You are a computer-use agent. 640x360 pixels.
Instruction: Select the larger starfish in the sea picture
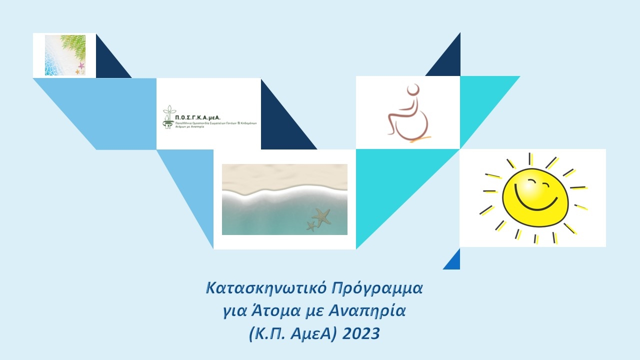pos(321,216)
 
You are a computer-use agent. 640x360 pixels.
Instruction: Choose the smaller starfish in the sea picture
pos(311,226)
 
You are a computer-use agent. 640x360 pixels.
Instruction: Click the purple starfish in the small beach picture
pos(81,65)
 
